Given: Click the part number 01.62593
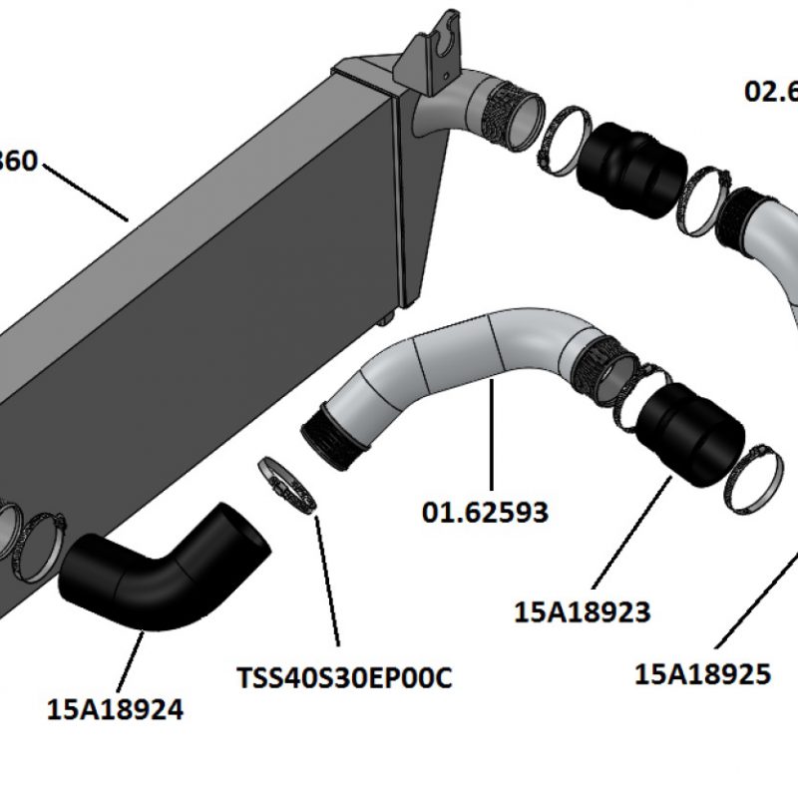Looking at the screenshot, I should coord(485,513).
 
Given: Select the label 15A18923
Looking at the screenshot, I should coord(583,611).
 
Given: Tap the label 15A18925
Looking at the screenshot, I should coord(702,674).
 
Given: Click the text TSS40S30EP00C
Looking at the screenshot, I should coord(344,677).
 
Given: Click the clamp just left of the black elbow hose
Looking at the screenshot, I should coord(40,544).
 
